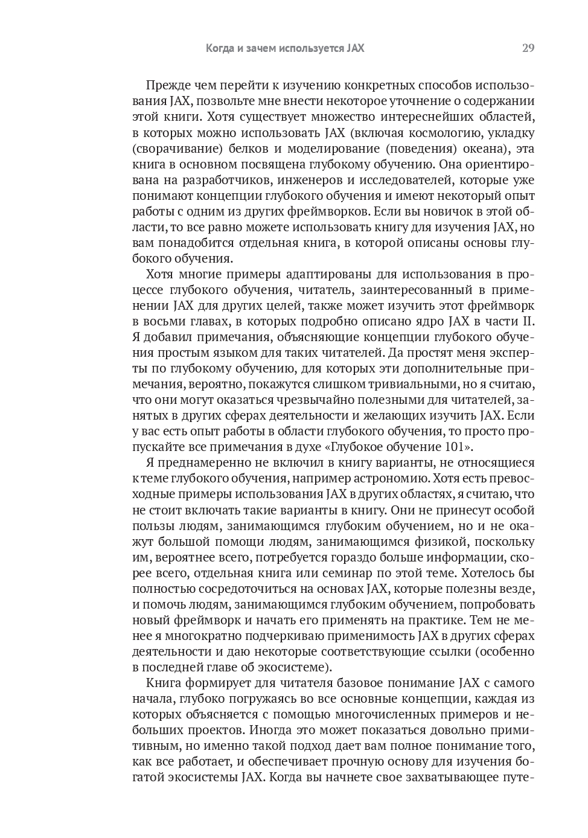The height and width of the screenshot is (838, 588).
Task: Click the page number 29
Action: (x=528, y=48)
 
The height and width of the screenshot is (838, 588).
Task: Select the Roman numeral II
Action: (x=528, y=321)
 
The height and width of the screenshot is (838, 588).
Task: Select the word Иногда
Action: (x=268, y=730)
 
